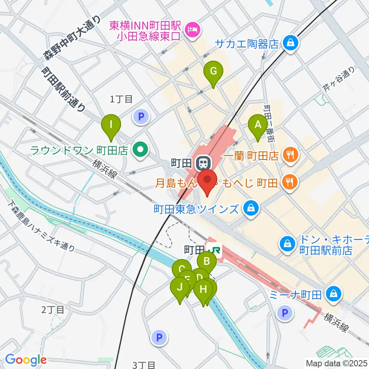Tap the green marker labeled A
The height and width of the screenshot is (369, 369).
(258, 125)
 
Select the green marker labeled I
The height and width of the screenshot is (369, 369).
(111, 125)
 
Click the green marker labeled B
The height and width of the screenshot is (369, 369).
(207, 262)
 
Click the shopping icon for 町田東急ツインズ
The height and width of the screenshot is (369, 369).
(251, 209)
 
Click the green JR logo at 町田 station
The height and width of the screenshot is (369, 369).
(214, 250)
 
